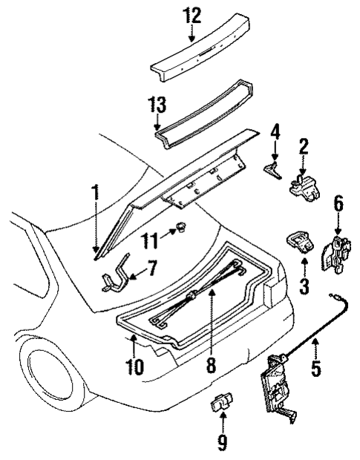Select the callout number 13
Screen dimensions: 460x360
pyautogui.click(x=158, y=105)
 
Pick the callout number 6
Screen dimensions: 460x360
pyautogui.click(x=338, y=203)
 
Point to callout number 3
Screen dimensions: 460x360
pyautogui.click(x=305, y=284)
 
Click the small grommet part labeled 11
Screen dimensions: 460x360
pyautogui.click(x=179, y=229)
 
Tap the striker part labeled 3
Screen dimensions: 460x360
pyautogui.click(x=300, y=244)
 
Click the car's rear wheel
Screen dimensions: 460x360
pyautogui.click(x=56, y=371)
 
